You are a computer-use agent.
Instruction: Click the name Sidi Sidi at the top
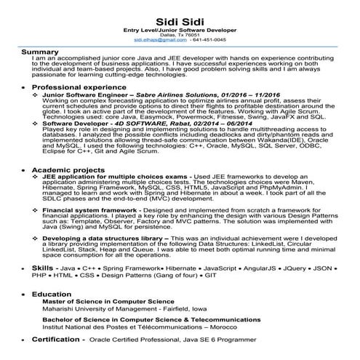point(180,16)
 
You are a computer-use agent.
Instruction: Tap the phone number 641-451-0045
point(209,40)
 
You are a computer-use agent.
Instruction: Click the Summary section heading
point(40,52)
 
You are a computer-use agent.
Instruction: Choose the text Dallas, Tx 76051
point(180,34)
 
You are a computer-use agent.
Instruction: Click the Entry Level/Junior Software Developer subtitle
point(180,28)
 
